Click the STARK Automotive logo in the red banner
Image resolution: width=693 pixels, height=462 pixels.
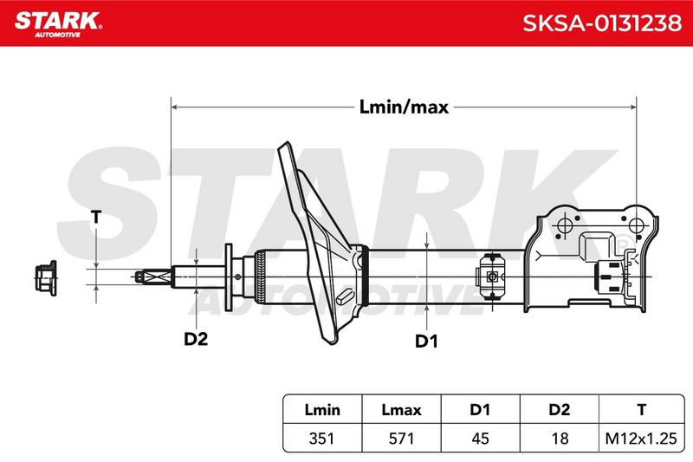pos(58,24)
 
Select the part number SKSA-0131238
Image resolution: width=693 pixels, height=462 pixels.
pos(602,23)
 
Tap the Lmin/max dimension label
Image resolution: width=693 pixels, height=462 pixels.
pos(404,107)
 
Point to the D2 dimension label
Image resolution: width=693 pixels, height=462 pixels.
pos(196,339)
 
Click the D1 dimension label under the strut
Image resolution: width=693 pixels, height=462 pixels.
pos(426,342)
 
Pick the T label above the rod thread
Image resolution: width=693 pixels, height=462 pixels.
pos(96,217)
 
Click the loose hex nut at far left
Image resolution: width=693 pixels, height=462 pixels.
pos(46,278)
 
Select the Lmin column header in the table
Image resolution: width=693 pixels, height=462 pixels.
pos(322,409)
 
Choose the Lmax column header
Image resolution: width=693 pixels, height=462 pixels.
pos(401,409)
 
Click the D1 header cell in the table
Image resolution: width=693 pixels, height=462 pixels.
pos(480,409)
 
